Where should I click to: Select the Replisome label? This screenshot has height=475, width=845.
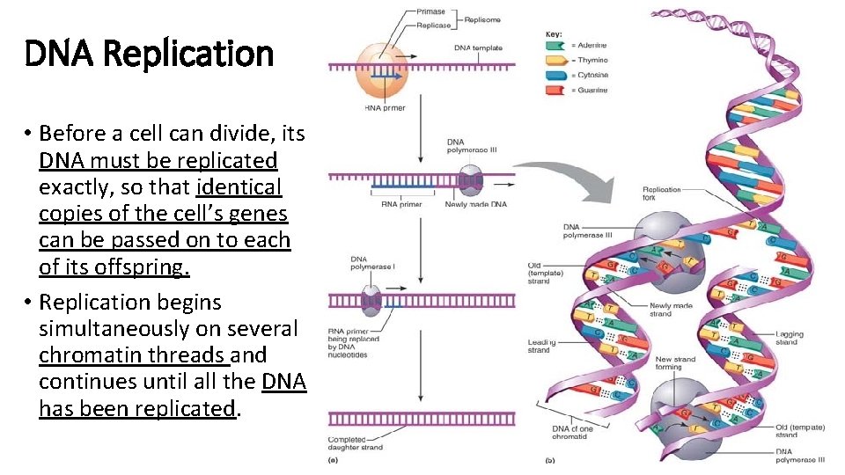click(483, 18)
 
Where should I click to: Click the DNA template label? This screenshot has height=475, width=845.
click(478, 47)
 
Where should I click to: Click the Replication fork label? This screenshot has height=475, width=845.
click(661, 194)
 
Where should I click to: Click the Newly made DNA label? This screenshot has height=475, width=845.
click(475, 204)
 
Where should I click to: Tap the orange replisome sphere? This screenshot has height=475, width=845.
click(381, 70)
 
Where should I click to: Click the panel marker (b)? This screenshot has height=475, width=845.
click(552, 459)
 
